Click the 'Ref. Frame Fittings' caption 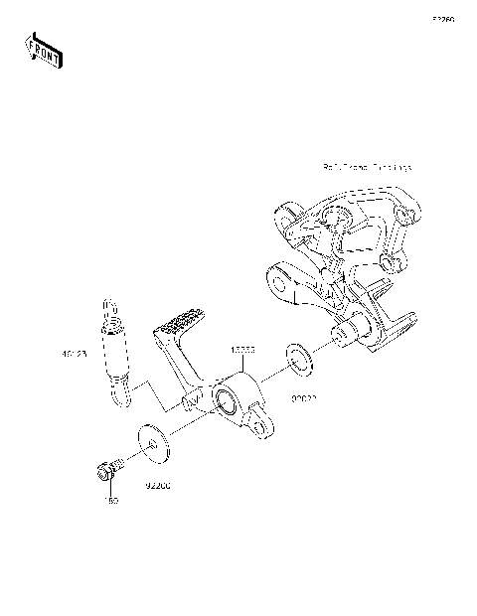coord(367,169)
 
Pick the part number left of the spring coord(75,353)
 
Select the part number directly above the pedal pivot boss coord(244,351)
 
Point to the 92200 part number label coord(159,486)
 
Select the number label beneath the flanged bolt coord(111,502)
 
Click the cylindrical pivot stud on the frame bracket coord(351,339)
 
